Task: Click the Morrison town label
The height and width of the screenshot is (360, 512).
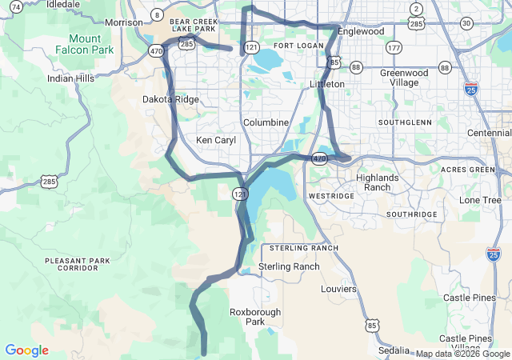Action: (123, 22)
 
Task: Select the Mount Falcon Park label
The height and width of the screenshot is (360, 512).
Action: (85, 44)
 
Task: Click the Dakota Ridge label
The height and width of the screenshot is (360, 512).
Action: (170, 100)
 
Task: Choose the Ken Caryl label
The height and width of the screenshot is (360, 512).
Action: (216, 140)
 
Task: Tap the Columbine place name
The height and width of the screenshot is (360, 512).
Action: (266, 122)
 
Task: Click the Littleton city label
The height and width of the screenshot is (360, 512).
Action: (327, 84)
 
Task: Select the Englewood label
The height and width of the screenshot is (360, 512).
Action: (361, 32)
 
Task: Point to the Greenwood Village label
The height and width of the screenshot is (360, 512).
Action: (405, 78)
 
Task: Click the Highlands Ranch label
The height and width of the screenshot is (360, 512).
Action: (378, 182)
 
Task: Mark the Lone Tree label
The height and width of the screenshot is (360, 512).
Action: (480, 200)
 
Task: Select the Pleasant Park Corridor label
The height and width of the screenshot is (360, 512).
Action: (78, 264)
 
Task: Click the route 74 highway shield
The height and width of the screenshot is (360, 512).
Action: (16, 7)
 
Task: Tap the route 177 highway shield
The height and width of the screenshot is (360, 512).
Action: (393, 49)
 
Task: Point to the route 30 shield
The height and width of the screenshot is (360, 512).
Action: (466, 23)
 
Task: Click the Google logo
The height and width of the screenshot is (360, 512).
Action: (26, 350)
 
